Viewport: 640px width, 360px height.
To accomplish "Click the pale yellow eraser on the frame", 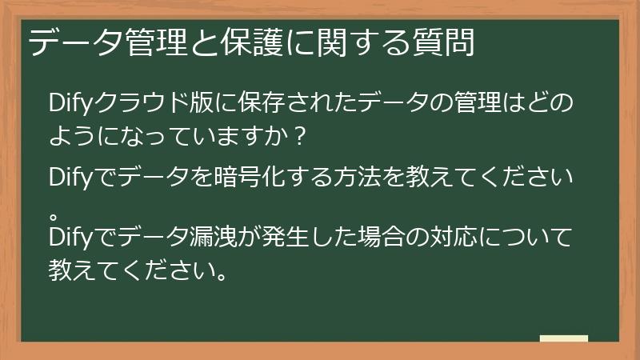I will coord(564,339).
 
